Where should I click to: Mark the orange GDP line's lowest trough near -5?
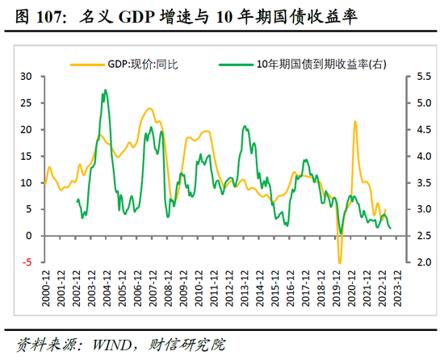340,262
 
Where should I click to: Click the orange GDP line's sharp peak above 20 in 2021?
355,122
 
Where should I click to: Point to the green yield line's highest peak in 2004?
105,91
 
